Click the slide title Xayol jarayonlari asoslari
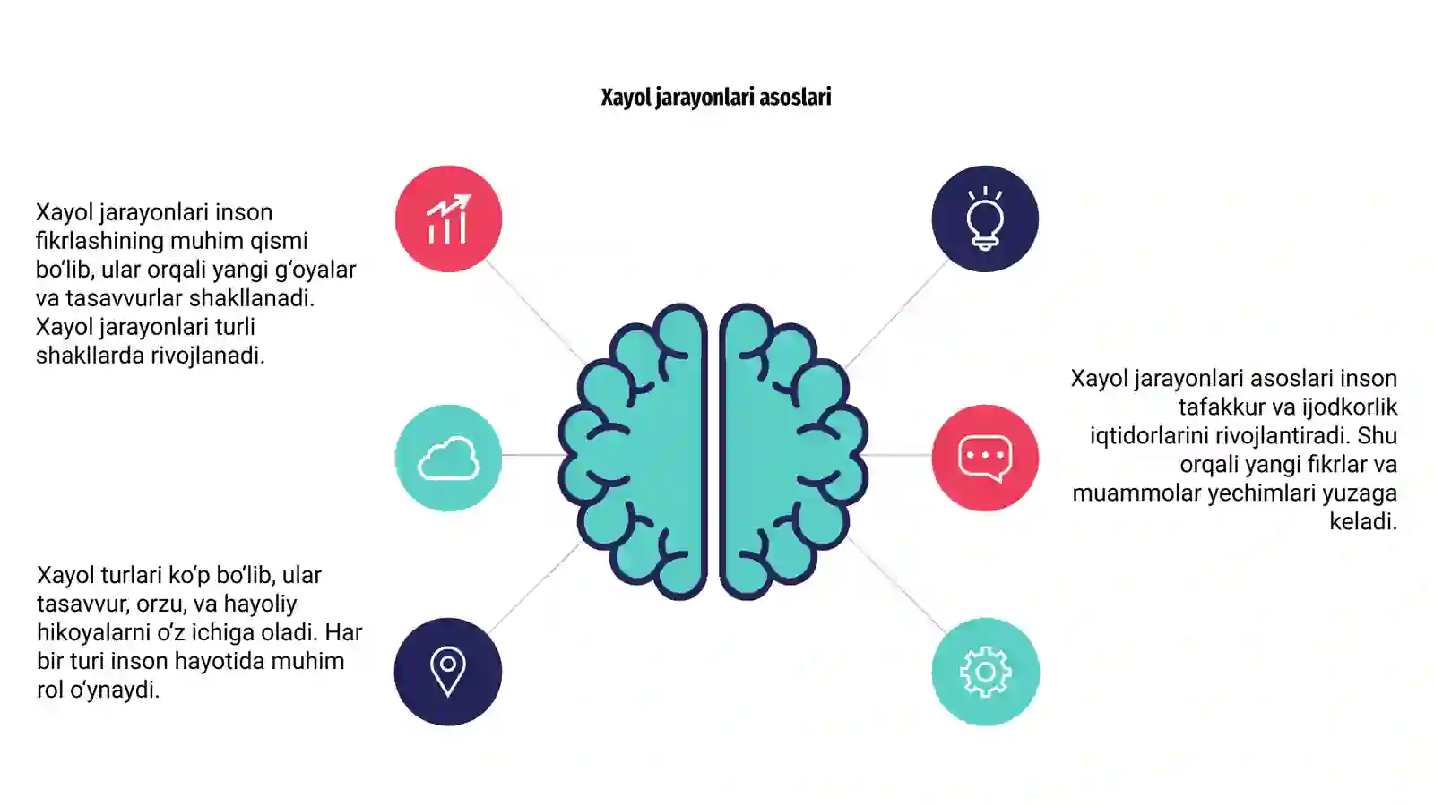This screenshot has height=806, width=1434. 716,98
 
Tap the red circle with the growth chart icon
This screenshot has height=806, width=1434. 448,219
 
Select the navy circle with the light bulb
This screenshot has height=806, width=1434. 985,219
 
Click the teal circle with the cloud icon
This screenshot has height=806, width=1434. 448,458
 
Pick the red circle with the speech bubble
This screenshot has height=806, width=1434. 985,458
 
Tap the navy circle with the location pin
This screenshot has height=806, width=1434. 448,672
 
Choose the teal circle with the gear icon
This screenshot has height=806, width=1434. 985,672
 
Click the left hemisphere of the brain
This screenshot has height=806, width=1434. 633,451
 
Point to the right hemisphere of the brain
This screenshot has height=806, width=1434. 794,451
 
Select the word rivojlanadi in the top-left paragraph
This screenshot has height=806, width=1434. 207,356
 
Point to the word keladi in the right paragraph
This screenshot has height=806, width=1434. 1363,522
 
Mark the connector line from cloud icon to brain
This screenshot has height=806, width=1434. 531,455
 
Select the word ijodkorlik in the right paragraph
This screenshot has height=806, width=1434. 1351,407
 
